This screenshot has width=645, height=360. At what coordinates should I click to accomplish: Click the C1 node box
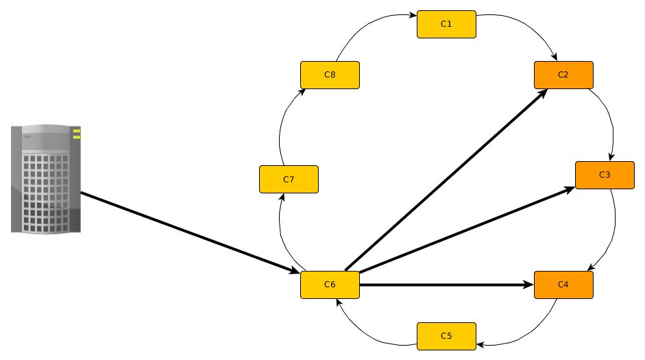click(446, 24)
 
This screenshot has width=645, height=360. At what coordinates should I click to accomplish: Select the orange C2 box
click(563, 75)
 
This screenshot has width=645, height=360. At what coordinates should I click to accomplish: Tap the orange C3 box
click(605, 176)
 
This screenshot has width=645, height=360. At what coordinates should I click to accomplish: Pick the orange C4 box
click(563, 285)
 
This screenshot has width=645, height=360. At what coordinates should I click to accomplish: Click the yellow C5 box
click(446, 336)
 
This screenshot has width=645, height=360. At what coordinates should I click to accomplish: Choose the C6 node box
click(330, 285)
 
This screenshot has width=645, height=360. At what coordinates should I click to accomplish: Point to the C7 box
click(289, 180)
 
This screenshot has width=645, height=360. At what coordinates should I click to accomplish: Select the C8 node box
click(330, 75)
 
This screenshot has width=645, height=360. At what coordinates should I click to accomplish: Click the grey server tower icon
click(46, 179)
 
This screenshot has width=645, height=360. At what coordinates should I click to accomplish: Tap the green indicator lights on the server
click(77, 134)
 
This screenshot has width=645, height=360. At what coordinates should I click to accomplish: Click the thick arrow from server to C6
click(191, 233)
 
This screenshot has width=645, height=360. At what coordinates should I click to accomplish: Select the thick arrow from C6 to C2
click(446, 180)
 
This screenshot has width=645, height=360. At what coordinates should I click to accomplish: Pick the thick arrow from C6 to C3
click(467, 230)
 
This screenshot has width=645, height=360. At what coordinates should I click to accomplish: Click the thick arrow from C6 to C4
click(447, 285)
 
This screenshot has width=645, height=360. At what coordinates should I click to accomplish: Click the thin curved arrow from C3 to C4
click(613, 230)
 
